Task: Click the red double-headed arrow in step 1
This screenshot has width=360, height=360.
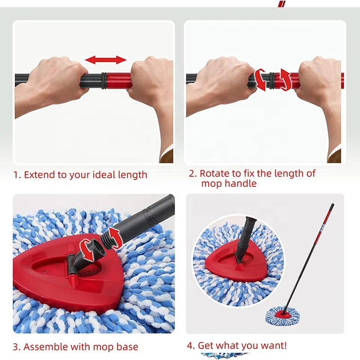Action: pos(106,60)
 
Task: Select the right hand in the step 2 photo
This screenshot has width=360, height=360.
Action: pos(317,81)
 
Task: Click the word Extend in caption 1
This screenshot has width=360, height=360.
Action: pos(40,175)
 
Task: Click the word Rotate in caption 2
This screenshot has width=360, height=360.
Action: pos(214,173)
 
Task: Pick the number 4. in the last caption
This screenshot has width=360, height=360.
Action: pos(191,346)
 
